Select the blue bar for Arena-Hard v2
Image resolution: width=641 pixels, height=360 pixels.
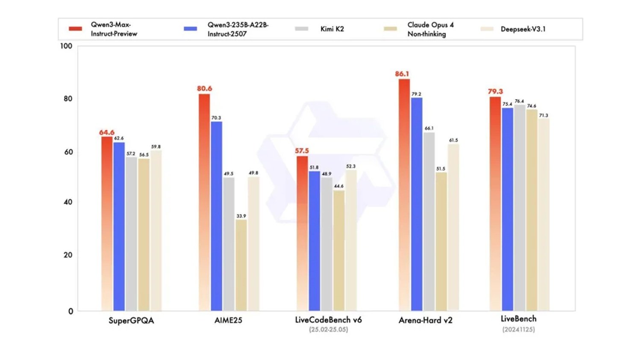click(417, 204)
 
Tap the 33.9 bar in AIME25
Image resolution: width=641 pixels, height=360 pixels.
click(241, 265)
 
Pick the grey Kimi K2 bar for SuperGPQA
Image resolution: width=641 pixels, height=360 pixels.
click(131, 234)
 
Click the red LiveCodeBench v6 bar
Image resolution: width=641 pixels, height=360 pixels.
click(302, 233)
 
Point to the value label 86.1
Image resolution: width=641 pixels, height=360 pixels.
click(402, 74)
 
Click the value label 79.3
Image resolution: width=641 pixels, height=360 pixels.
click(495, 91)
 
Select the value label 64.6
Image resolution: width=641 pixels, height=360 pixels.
click(107, 132)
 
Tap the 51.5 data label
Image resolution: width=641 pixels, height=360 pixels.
click(441, 169)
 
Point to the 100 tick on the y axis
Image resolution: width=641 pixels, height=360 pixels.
click(66, 46)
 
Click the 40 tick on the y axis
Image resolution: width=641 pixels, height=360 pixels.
click(68, 202)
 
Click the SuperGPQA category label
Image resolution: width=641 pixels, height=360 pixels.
click(131, 320)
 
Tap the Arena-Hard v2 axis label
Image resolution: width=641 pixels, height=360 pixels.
click(425, 320)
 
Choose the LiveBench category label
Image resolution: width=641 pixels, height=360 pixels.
click(518, 319)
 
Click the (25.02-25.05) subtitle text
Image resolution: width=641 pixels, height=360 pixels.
click(328, 330)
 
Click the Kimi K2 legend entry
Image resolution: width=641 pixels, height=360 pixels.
click(332, 29)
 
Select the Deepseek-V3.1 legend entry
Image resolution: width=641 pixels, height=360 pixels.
click(523, 29)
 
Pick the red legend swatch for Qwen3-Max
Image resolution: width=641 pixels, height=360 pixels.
click(75, 29)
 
